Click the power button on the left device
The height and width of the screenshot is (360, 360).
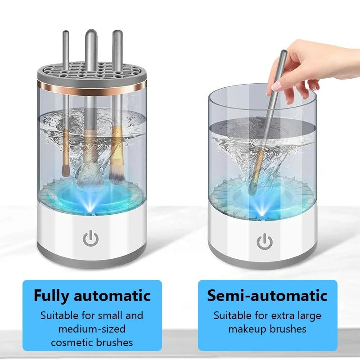click(91, 239)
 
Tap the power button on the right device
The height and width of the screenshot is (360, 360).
click(265, 242)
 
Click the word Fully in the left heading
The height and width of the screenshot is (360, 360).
click(52, 296)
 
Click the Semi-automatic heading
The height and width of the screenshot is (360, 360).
click(267, 296)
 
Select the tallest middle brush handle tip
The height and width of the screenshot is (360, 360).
click(91, 33)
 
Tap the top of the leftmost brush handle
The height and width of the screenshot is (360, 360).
click(66, 33)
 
